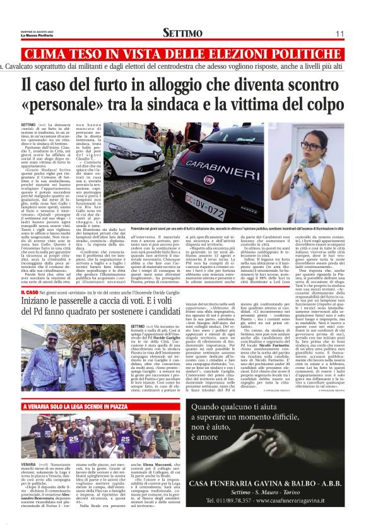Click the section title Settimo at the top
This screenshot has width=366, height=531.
coord(182,32)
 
